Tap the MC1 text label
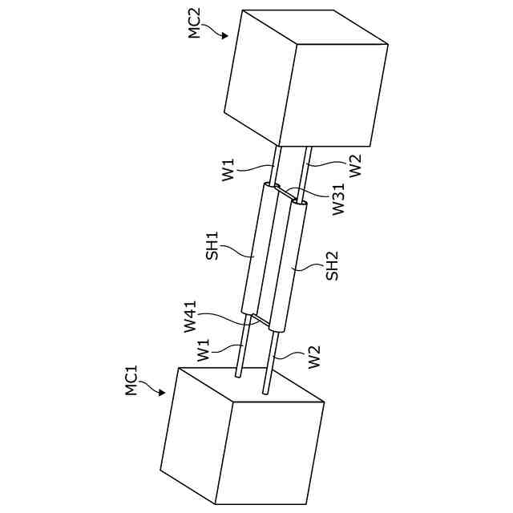tap(132, 380)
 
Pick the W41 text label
tap(190, 317)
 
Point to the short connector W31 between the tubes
tap(285, 192)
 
